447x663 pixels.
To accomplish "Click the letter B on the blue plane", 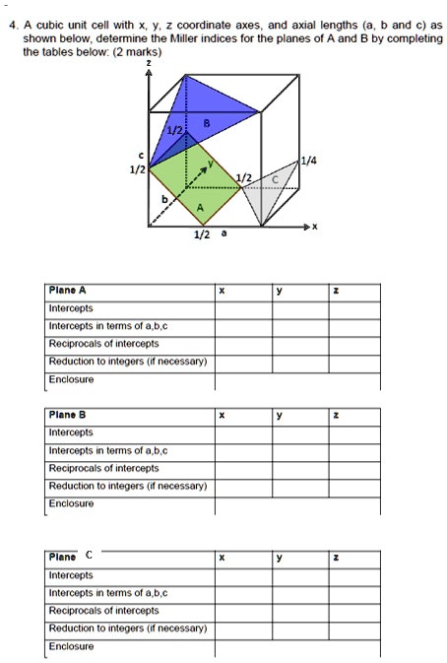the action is click(206, 123).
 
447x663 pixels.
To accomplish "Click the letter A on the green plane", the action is click(200, 208).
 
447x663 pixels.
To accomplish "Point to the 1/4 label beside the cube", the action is click(309, 160).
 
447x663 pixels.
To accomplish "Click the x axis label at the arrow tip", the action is click(314, 226).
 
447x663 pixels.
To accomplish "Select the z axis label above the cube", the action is click(148, 62).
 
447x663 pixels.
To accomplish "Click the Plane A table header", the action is click(68, 291).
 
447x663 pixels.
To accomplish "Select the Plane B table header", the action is click(68, 416).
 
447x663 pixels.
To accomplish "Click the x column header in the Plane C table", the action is click(223, 559).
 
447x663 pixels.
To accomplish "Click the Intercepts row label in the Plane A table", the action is click(71, 307).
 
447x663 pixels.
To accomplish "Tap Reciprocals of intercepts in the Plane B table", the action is click(103, 468).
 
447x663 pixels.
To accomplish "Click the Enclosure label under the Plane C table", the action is click(72, 646).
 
